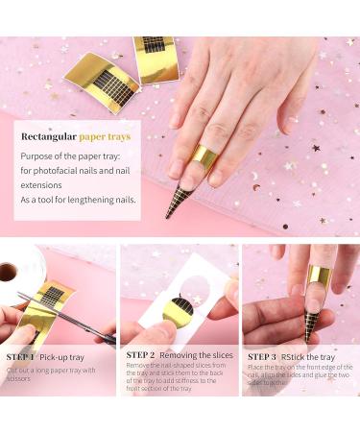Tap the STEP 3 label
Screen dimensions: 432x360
264,355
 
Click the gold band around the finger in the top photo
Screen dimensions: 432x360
204,156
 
